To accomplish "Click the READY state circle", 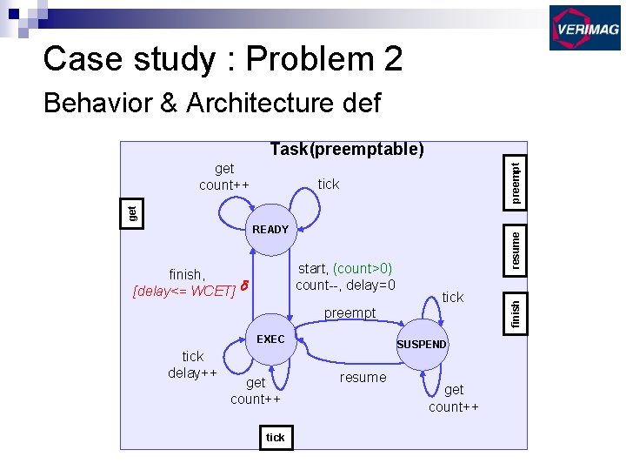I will click(270, 230).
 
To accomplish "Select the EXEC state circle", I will click(270, 339).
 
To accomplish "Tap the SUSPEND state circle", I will click(421, 344).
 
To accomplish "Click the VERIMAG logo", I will click(584, 28).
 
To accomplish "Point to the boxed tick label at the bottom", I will click(275, 437).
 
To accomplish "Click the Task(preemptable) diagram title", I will click(347, 150).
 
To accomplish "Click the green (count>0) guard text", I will click(363, 269).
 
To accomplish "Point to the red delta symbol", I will click(244, 285).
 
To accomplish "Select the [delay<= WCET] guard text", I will click(183, 290).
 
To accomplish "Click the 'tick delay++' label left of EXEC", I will click(192, 365).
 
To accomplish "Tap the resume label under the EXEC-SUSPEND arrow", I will click(363, 377).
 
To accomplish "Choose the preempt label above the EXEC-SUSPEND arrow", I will click(350, 312).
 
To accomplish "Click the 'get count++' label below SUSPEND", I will click(453, 399).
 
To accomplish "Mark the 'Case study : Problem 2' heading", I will click(223, 59).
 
